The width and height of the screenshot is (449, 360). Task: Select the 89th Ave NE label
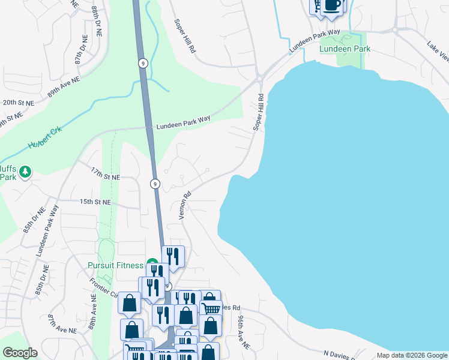(x=64, y=88)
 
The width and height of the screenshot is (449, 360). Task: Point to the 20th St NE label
(x=18, y=103)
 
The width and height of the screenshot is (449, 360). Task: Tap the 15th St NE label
(x=95, y=203)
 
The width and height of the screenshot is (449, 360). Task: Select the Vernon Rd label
(x=185, y=205)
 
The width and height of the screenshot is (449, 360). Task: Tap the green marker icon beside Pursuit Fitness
(x=152, y=265)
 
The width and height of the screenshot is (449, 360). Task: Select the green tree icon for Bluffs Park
(x=25, y=173)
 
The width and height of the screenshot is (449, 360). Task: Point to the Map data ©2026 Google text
(x=411, y=355)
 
